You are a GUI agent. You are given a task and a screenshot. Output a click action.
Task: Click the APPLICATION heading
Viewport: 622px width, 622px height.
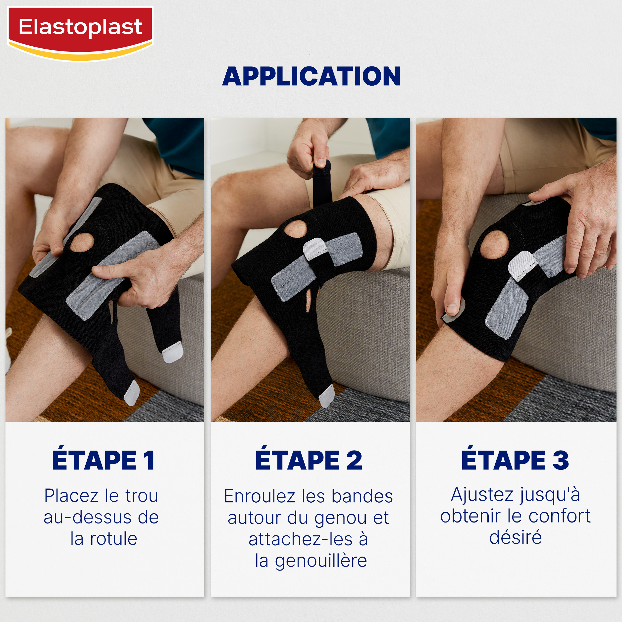point(311,76)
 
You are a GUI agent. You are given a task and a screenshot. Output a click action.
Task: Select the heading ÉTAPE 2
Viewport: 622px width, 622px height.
point(309,460)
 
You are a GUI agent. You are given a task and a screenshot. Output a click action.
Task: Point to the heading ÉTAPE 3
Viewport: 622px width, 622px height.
point(515,460)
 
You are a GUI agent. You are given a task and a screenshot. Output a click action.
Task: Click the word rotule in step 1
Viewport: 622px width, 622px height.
point(114,539)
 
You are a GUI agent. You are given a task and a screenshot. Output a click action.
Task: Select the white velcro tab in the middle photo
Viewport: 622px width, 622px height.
point(315,249)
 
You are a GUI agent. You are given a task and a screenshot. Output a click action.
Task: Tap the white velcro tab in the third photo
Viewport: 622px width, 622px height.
point(522,266)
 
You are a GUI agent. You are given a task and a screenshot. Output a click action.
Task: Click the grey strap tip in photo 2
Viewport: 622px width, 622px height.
point(327,397)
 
